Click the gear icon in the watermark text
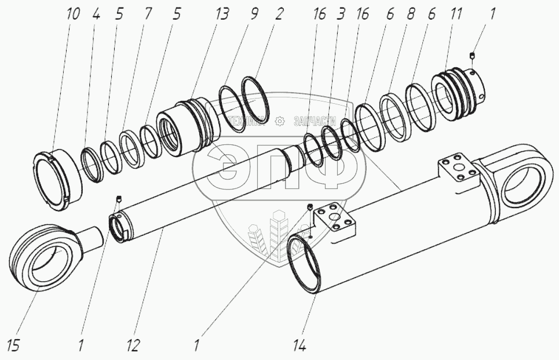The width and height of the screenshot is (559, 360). (x=280, y=121)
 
